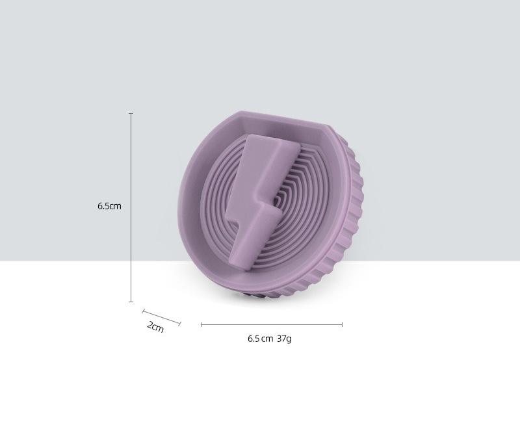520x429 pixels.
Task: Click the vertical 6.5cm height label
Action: point(109,206)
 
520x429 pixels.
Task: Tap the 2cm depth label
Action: point(155,326)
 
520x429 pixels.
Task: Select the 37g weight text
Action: point(285,339)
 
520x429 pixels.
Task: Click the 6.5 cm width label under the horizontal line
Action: point(261,339)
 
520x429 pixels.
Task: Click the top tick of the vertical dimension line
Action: point(131,113)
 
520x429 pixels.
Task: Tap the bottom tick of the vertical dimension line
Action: point(131,302)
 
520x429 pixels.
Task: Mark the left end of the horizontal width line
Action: point(201,324)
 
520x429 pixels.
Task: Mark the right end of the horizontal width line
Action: point(342,324)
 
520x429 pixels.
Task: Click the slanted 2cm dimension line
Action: point(161,318)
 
